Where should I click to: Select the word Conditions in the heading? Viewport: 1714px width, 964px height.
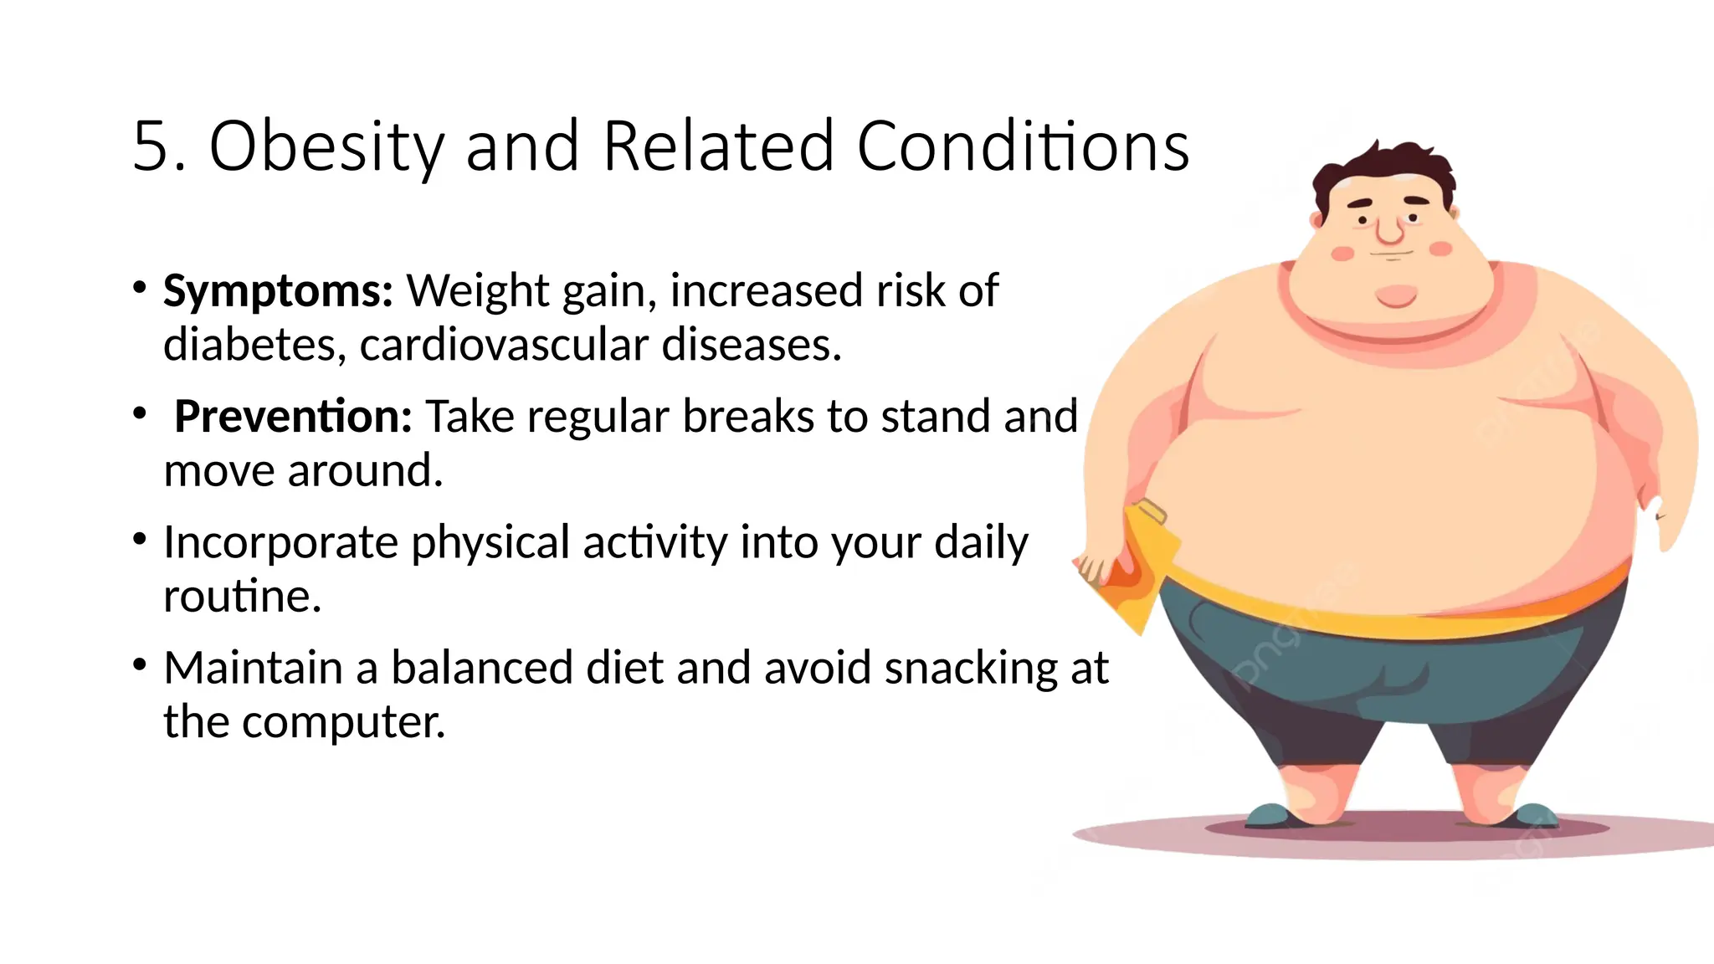click(1023, 147)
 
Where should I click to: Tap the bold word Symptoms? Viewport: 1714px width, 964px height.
click(278, 292)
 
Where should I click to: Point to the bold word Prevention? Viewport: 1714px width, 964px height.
click(293, 417)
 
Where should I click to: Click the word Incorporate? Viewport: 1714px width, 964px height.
click(280, 543)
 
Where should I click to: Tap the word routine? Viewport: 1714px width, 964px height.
click(241, 597)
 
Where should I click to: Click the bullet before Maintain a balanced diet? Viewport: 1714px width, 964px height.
click(140, 665)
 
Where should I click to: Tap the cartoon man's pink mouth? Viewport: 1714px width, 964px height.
click(1396, 295)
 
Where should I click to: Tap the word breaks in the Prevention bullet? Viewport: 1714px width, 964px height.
click(750, 417)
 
